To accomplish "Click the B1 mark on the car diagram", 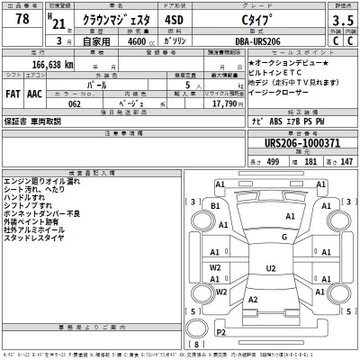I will (215, 205).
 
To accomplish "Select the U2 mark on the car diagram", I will (269, 268).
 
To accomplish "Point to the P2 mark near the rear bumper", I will (220, 333).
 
